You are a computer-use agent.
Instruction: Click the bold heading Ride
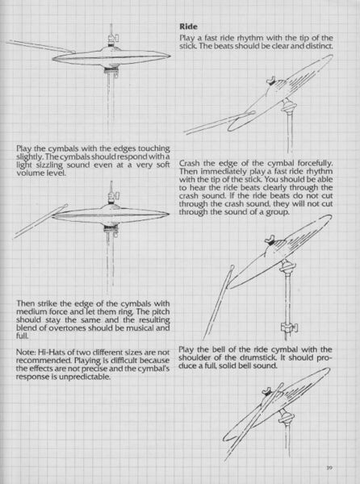click(188, 27)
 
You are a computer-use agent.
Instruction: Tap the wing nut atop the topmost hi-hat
click(113, 37)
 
